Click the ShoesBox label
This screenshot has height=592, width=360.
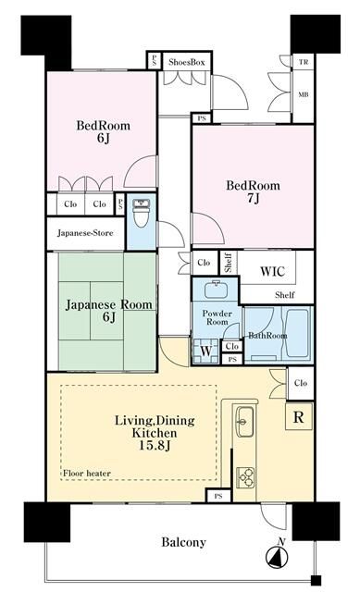pyautogui.click(x=186, y=61)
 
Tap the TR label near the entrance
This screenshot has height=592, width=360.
pyautogui.click(x=303, y=63)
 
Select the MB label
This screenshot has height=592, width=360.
pyautogui.click(x=303, y=94)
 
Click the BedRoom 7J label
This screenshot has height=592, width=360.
pyautogui.click(x=254, y=191)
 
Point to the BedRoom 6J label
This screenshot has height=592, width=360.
pyautogui.click(x=102, y=132)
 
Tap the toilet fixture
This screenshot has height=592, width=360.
pyautogui.click(x=141, y=214)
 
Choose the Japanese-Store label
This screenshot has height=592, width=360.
pyautogui.click(x=85, y=233)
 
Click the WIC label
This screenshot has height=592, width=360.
pyautogui.click(x=272, y=272)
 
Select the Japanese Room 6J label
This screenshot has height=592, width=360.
pyautogui.click(x=108, y=311)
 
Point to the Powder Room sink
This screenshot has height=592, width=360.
pyautogui.click(x=215, y=290)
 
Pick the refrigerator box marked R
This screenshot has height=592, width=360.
pyautogui.click(x=298, y=416)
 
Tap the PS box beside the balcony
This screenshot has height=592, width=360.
pyautogui.click(x=218, y=497)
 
